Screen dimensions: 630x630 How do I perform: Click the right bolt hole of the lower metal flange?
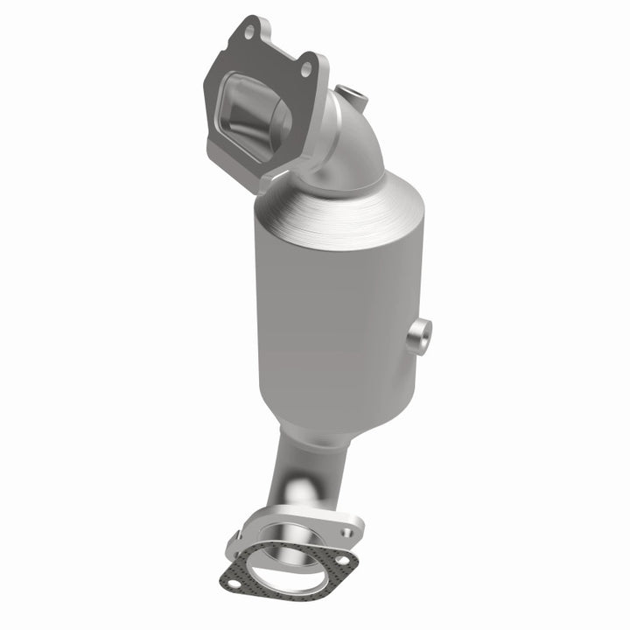(x=349, y=531)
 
